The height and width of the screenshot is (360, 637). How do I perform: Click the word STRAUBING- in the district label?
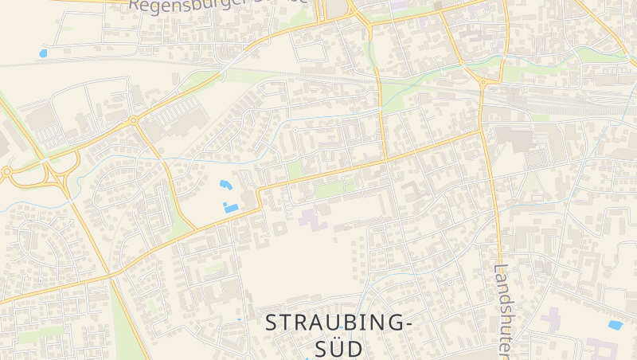(x=339, y=323)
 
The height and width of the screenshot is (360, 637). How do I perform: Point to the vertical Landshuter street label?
(x=501, y=311)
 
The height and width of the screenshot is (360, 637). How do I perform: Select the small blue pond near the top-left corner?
(x=43, y=53)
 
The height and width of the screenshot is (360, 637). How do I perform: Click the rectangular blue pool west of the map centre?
(x=233, y=208)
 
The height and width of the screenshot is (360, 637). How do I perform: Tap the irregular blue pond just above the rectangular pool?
(x=225, y=186)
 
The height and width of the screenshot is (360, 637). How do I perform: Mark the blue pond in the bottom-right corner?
(x=616, y=325)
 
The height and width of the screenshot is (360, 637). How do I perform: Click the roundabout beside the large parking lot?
(x=133, y=121)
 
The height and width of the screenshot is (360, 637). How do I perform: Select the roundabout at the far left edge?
(x=6, y=170)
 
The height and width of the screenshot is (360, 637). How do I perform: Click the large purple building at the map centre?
(x=313, y=217)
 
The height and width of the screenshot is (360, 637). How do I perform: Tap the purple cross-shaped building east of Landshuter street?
(x=550, y=320)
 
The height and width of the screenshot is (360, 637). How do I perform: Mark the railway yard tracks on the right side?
(x=557, y=104)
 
